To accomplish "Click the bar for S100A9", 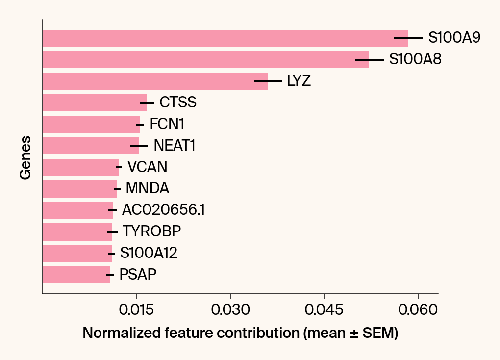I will pos(225,38).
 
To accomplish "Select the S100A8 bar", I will pos(206,60).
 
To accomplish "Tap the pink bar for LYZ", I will pos(155,81).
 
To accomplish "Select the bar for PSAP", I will pos(76,275).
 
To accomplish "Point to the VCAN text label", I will pos(147,168).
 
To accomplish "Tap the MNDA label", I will pos(147,189).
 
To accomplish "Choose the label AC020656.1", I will pos(163,210).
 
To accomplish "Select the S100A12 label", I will pos(149,254).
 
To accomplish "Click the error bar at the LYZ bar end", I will pos(268,81).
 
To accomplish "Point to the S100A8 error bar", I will pos(369,60).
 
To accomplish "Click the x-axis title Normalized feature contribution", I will pos(240,334).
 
